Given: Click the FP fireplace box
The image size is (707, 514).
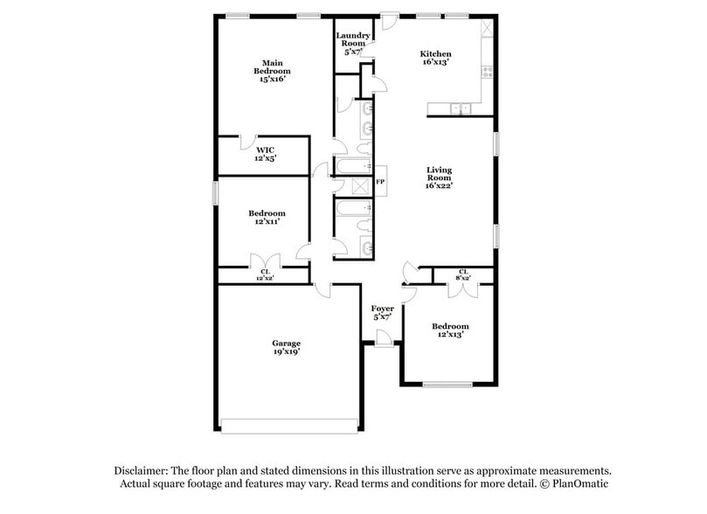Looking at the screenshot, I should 380,182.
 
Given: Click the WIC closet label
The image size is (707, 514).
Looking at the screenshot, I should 265,149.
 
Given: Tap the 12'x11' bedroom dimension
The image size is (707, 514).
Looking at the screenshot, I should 266,223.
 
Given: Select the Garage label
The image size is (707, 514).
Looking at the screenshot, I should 286,343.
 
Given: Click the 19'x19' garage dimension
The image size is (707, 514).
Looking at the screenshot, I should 286,353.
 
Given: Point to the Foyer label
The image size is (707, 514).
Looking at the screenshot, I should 382,309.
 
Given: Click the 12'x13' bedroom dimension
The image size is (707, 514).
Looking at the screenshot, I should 450,335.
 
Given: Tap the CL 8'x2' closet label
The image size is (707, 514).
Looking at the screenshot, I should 463,275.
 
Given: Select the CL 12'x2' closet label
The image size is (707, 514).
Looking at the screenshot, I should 264,274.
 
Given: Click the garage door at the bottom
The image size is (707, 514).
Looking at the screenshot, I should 289,426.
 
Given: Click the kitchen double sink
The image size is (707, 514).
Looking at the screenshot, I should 460,109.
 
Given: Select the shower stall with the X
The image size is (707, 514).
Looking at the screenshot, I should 357,184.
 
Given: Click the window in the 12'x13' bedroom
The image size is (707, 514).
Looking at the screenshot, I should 447,385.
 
